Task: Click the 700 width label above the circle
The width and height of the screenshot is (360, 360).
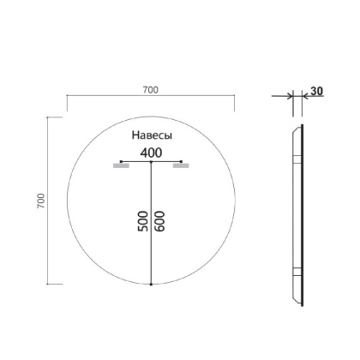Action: point(151,90)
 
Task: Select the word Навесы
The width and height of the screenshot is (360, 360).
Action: point(152,136)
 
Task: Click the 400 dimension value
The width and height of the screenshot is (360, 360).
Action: point(152,153)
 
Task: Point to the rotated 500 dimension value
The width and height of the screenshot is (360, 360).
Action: point(143,221)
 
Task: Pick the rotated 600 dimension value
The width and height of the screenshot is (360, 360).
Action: point(159,221)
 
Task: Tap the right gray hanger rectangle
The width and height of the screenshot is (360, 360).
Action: point(180,167)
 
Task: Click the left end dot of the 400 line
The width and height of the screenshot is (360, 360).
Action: point(122,161)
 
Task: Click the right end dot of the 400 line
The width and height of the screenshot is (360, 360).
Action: point(182,161)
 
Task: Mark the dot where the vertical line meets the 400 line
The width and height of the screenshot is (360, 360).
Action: point(152,161)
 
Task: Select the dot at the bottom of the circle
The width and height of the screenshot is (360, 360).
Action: point(152,284)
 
